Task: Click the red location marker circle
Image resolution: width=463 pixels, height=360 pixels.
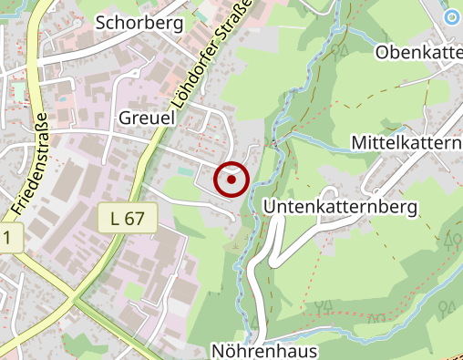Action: pyautogui.click(x=231, y=180)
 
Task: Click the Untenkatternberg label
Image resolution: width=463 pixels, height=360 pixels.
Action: pyautogui.click(x=340, y=208)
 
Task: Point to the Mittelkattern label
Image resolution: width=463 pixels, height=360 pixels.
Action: pyautogui.click(x=407, y=145)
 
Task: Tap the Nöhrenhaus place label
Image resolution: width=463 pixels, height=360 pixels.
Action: pyautogui.click(x=263, y=350)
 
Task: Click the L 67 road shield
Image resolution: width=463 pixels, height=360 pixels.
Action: pyautogui.click(x=128, y=218)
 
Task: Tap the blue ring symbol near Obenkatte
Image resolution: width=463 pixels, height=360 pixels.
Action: pyautogui.click(x=452, y=16)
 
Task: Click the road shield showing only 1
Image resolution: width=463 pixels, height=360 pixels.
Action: pyautogui.click(x=8, y=239)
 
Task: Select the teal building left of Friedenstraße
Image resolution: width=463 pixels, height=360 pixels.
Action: pyautogui.click(x=18, y=92)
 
